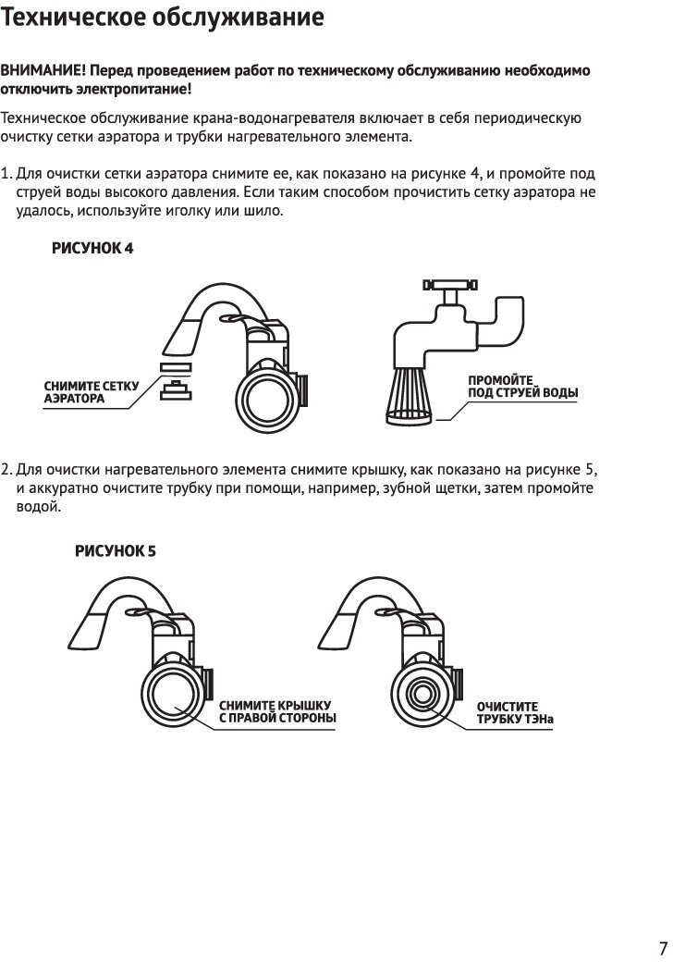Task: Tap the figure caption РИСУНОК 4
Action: [92, 249]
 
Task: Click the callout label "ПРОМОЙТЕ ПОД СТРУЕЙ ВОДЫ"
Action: [522, 387]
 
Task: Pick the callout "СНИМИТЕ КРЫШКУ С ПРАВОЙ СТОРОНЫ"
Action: [276, 711]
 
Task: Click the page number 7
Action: [663, 948]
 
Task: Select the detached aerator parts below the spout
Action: [174, 380]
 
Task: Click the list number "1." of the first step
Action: [7, 174]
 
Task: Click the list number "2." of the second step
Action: [7, 468]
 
